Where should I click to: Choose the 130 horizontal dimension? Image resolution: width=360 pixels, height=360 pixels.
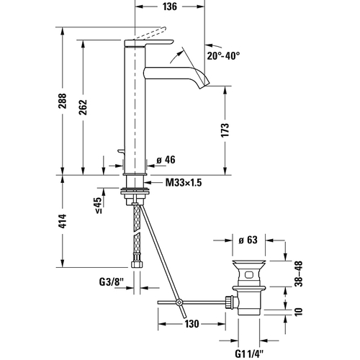(192, 323)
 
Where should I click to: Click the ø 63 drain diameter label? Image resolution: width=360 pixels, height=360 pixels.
(248, 241)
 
